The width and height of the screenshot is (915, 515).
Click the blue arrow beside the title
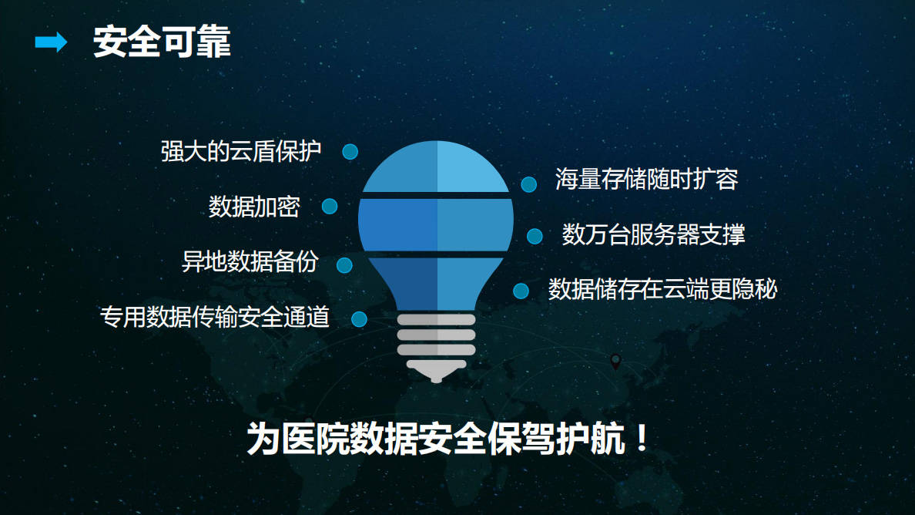coord(51,43)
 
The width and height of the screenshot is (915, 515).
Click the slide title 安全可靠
coord(162,43)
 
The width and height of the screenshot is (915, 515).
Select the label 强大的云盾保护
coord(240,151)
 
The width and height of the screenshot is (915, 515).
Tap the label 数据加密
coord(254,207)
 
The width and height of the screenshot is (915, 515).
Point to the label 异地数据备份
coord(250,262)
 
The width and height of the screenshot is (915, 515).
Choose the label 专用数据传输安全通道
coord(215,317)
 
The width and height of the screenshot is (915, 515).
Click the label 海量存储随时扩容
coord(647,180)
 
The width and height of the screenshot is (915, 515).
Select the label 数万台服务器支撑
coord(653,234)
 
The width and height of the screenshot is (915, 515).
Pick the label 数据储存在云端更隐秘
coord(662,289)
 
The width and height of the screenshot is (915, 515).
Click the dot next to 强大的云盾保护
coord(350,152)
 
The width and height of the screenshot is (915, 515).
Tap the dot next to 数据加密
coord(330,206)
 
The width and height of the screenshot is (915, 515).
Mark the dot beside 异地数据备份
coord(344,264)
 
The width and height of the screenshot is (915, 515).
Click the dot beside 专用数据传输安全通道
coord(359,318)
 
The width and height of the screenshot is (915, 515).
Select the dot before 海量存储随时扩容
coord(528,184)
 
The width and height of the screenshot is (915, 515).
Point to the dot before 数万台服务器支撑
coord(535,236)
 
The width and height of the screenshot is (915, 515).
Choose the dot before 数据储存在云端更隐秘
coord(521,291)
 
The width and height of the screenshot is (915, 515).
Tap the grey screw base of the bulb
coord(436,343)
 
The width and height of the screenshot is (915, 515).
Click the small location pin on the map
coord(615,361)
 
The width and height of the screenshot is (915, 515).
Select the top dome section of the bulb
coord(436,168)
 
